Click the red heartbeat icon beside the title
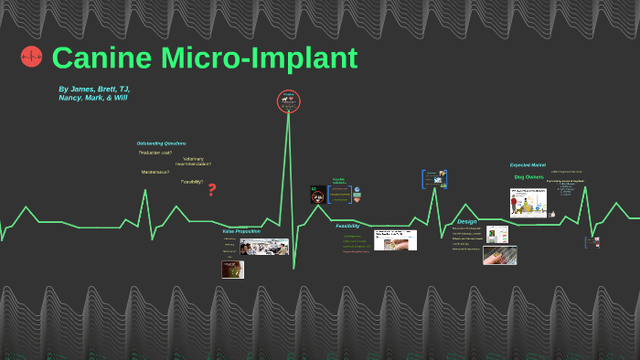(32, 58)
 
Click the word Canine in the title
(101, 58)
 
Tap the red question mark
(212, 189)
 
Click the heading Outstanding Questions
(161, 143)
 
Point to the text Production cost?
(155, 153)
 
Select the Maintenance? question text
(155, 172)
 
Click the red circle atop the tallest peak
(289, 101)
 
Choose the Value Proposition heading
(241, 231)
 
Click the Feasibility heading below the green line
(347, 226)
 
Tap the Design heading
(467, 221)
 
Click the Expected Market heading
(527, 165)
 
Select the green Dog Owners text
(528, 176)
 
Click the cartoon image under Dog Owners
(528, 202)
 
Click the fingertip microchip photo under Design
(499, 255)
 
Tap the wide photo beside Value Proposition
(264, 247)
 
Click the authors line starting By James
(93, 93)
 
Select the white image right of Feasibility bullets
(395, 239)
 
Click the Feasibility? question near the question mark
(192, 182)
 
